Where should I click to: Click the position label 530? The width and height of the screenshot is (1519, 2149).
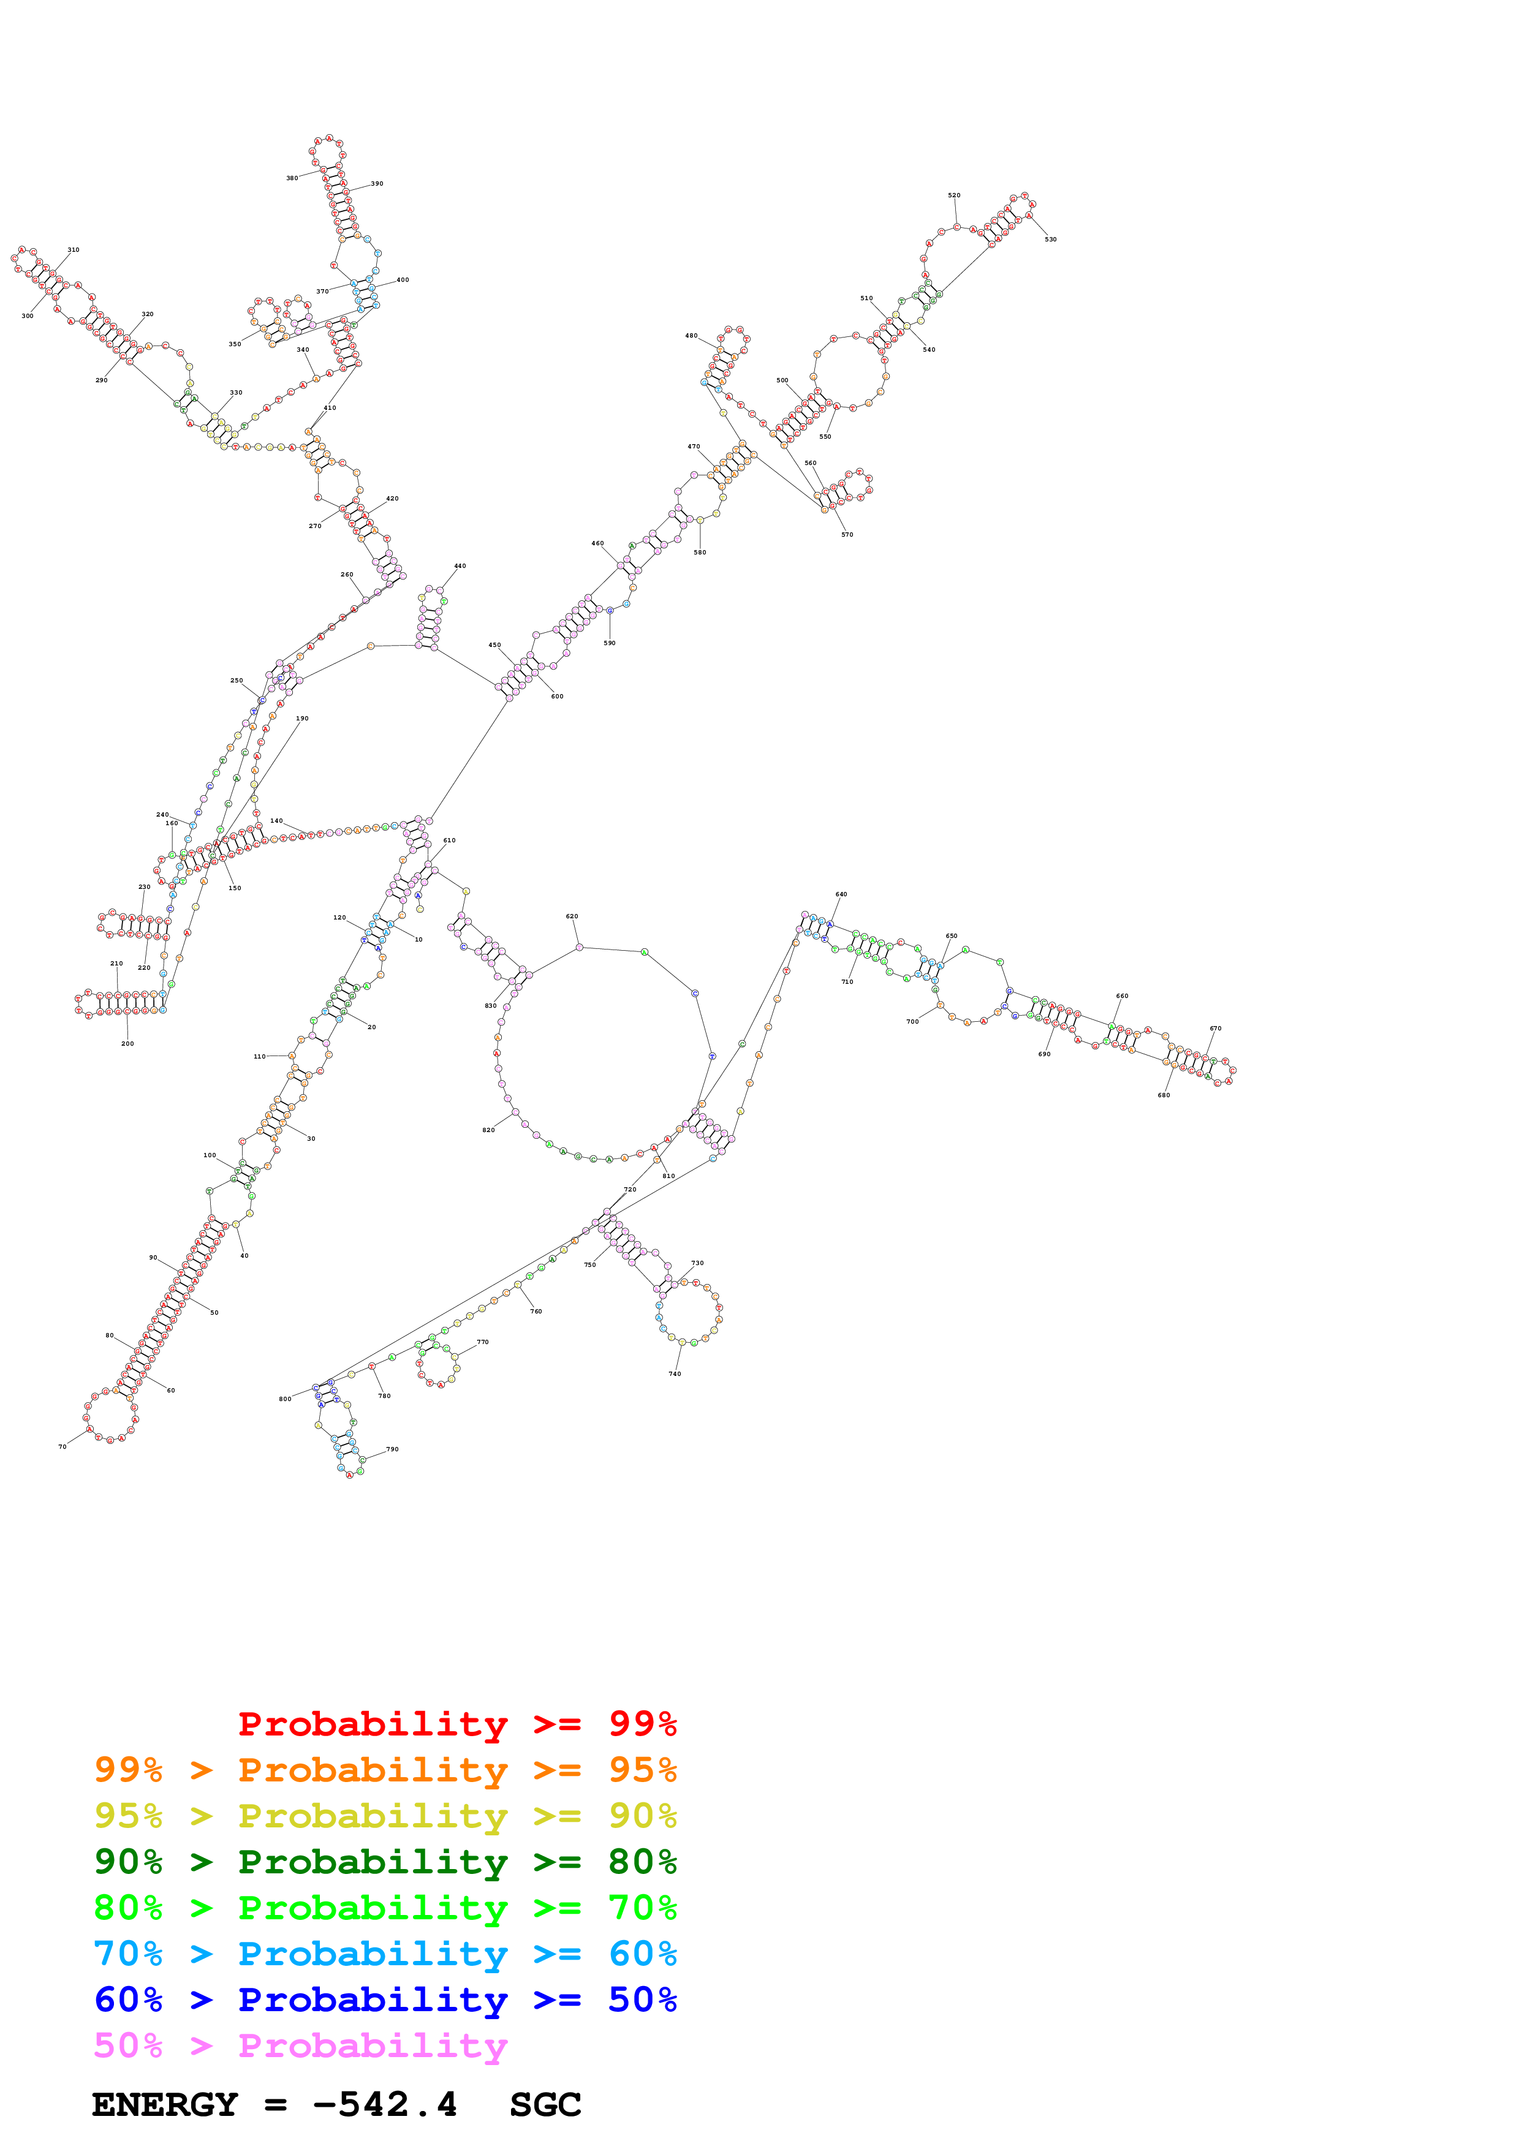click(x=1050, y=240)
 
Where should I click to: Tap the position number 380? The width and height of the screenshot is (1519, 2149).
click(x=292, y=178)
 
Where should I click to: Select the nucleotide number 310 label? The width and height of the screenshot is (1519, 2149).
click(x=73, y=250)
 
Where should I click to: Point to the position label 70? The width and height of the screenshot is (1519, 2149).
click(x=63, y=1446)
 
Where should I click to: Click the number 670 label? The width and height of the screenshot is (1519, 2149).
click(x=1215, y=1028)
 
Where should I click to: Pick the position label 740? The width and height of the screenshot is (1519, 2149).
click(x=675, y=1374)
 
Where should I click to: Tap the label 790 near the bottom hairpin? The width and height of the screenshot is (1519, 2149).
click(x=392, y=1449)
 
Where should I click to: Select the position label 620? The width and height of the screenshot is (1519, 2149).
click(x=572, y=916)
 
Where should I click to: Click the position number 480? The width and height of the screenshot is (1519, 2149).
click(x=691, y=335)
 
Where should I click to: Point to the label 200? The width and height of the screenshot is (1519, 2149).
click(x=127, y=1044)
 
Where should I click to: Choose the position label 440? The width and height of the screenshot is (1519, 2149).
click(x=460, y=566)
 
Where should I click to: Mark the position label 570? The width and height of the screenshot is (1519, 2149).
click(x=847, y=534)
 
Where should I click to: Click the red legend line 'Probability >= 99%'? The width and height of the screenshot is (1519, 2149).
click(x=456, y=1724)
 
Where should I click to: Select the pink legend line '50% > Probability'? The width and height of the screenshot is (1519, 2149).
click(x=300, y=2046)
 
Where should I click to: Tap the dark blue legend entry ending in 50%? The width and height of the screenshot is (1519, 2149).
click(x=385, y=2000)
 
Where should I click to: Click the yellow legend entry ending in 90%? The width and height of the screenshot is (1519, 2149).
click(x=385, y=1816)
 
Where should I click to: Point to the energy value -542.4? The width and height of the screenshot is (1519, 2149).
click(x=385, y=2105)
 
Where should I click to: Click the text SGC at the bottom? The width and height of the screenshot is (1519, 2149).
click(x=545, y=2105)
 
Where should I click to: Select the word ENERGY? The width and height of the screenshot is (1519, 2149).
click(x=165, y=2105)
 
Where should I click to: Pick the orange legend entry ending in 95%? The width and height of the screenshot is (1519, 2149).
click(x=385, y=1770)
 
